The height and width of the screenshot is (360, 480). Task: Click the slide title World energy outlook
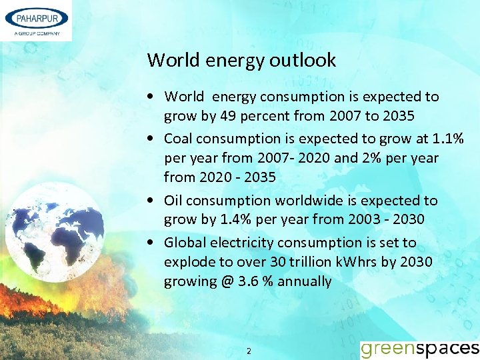coord(241,60)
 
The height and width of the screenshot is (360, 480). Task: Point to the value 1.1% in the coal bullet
coord(447,138)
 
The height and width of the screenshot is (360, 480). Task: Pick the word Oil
coord(173,200)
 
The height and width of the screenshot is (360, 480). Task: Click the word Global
coord(185,242)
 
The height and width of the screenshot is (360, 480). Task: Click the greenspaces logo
coord(419,348)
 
